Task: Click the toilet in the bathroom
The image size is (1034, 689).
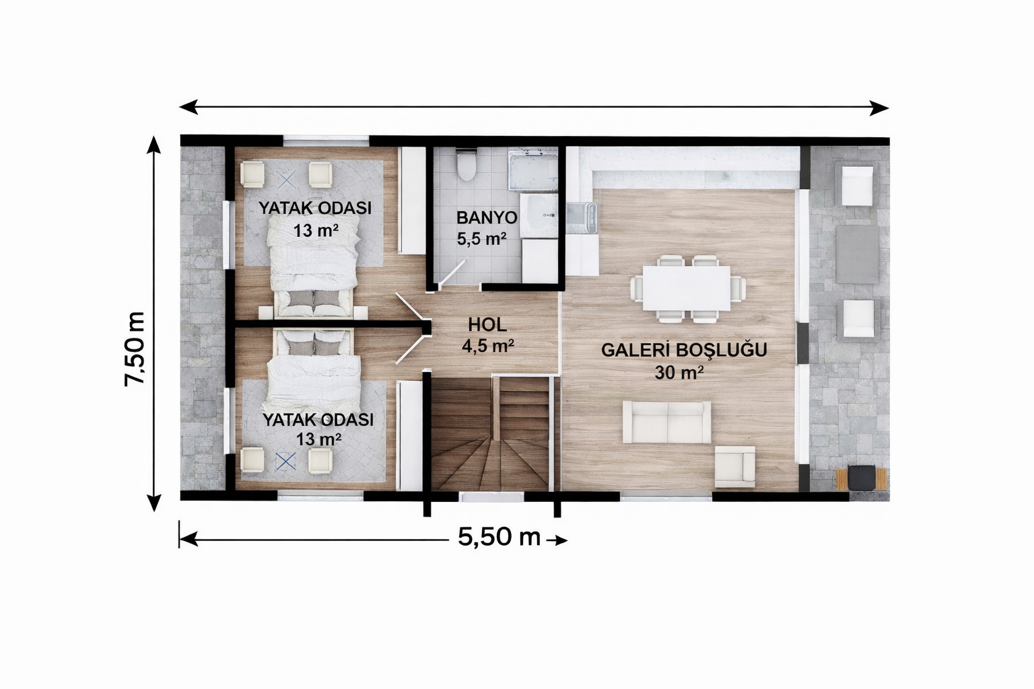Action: [x=465, y=164]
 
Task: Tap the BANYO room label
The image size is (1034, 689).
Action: [x=486, y=218]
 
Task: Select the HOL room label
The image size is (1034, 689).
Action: [x=487, y=325]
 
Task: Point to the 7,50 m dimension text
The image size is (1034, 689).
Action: [x=135, y=349]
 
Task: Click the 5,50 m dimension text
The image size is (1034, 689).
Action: [x=499, y=538]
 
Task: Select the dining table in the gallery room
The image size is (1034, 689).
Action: [x=687, y=288]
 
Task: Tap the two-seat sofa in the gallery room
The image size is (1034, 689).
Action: [x=666, y=423]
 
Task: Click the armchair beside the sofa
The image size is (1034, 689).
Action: [x=734, y=466]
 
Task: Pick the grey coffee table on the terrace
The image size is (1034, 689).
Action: [x=857, y=254]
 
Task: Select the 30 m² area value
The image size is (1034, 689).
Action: [x=679, y=372]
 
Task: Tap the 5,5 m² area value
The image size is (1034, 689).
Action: [x=481, y=239]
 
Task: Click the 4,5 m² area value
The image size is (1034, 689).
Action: [x=487, y=347]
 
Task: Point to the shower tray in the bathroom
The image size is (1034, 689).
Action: [x=532, y=171]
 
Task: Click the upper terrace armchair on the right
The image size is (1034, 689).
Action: [x=857, y=185]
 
